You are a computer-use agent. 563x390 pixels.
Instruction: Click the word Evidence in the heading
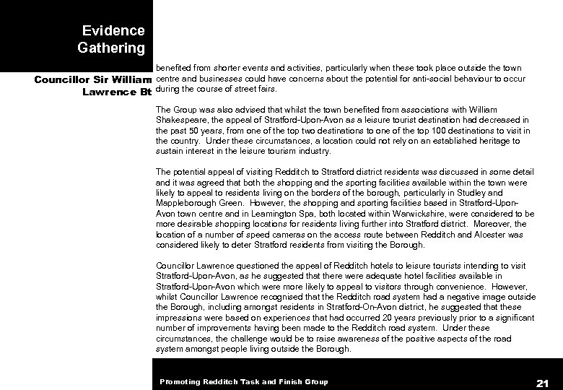pyautogui.click(x=113, y=31)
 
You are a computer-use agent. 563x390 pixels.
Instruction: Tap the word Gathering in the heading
pyautogui.click(x=110, y=48)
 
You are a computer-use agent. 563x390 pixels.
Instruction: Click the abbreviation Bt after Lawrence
pyautogui.click(x=143, y=92)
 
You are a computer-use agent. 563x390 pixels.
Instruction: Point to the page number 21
pyautogui.click(x=543, y=381)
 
